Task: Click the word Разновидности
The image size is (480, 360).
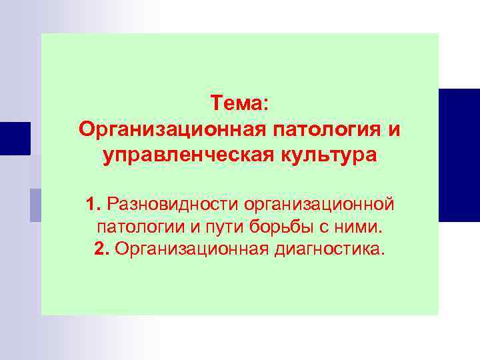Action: [172, 202]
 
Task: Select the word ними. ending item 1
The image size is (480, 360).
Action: [359, 226]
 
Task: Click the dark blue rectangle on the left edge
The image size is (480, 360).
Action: [15, 138]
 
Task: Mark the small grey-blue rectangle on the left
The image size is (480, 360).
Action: [35, 205]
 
